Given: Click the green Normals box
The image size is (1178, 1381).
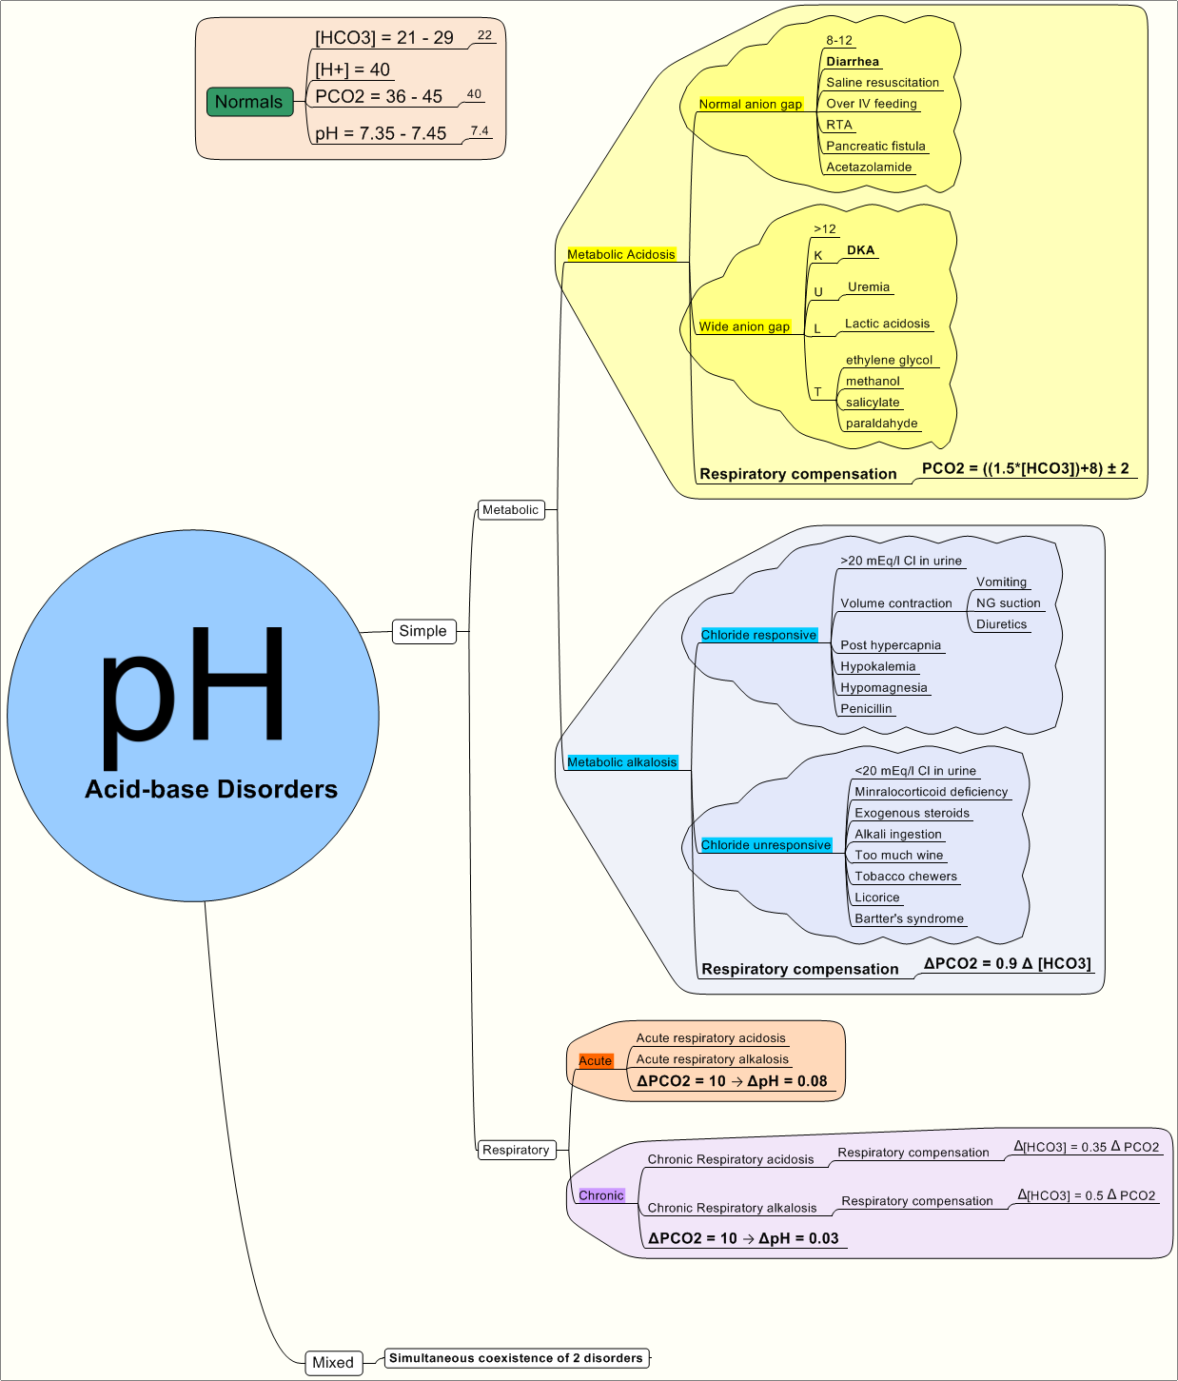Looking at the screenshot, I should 249,102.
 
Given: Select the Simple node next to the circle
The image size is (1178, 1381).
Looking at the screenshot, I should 423,631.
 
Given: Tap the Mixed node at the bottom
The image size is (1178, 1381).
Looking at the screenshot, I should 333,1362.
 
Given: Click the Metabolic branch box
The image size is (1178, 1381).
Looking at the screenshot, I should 511,510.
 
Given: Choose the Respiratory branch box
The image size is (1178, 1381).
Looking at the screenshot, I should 516,1150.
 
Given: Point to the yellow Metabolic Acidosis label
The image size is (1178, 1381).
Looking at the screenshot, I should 621,254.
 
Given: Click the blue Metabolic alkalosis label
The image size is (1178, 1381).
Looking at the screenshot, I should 622,762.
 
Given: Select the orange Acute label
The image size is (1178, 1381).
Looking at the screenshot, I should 596,1060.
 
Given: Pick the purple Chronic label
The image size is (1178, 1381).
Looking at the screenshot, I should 601,1195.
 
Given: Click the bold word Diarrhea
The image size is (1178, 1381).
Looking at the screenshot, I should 853,62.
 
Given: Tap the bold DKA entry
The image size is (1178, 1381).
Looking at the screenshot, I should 860,250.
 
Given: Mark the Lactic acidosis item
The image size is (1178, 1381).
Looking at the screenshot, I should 887,324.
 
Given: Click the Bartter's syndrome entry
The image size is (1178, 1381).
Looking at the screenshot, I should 909,918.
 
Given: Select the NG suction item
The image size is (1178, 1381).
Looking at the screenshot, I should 1008,603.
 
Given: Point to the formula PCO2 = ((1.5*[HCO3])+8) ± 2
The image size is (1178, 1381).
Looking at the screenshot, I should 1025,468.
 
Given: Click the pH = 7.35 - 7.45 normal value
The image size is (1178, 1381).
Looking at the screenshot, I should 381,133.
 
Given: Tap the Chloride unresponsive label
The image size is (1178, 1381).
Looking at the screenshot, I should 766,845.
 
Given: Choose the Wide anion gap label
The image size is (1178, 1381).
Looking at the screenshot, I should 744,326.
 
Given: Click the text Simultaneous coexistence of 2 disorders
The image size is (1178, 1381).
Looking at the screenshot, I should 516,1358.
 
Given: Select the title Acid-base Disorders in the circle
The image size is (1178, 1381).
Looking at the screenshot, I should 211,789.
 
